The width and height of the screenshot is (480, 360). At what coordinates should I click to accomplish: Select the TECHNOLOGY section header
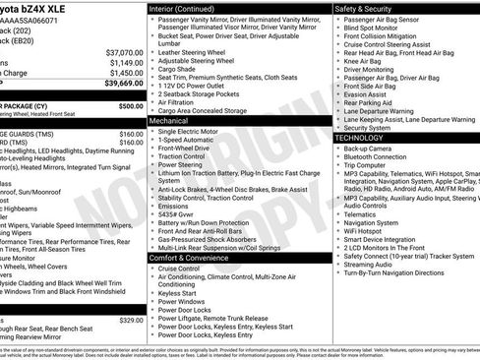coord(366,138)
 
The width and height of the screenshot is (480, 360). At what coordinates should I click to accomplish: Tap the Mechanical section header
coord(175,119)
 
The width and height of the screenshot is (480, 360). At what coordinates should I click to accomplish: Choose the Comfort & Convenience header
coord(197,258)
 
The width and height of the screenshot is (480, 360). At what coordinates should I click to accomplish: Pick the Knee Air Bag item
coord(365,61)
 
